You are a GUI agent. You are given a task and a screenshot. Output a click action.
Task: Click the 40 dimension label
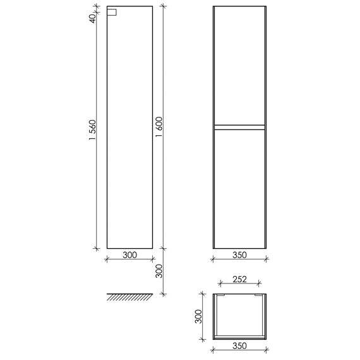(92, 18)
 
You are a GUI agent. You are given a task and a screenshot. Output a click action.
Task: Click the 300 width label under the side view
(129, 255)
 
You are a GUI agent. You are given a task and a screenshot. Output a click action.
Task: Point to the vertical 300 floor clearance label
(159, 272)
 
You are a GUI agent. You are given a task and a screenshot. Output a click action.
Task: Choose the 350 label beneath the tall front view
(239, 255)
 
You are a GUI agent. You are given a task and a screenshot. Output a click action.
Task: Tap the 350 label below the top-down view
(239, 347)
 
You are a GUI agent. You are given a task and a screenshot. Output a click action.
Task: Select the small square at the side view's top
(112, 12)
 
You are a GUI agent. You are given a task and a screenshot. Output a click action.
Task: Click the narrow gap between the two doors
(239, 126)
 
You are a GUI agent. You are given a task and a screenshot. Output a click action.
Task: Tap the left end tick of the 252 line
(219, 284)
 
